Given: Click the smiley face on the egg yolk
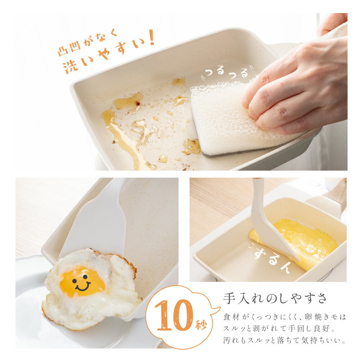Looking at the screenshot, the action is coord(81,283).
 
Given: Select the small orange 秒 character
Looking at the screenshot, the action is coord(201,324).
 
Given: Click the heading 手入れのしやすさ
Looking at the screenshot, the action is coord(275,298).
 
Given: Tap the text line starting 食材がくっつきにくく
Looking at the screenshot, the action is coord(284,317).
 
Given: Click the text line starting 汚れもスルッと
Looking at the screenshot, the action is coord(284,340).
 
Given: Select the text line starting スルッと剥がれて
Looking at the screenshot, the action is coord(279,329).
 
